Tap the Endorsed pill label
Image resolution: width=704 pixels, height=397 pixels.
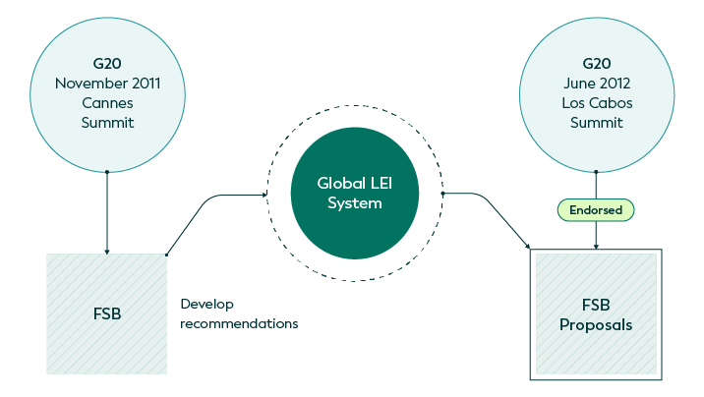click(596, 209)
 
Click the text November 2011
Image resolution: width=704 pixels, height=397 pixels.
click(106, 84)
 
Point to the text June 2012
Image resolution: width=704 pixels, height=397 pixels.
click(596, 84)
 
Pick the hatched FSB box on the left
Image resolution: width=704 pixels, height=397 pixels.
click(106, 313)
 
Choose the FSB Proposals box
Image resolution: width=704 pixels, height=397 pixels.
click(596, 314)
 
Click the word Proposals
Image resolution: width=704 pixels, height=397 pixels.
click(596, 324)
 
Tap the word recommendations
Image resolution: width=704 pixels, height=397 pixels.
click(239, 323)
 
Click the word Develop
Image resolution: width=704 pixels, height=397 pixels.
click(206, 304)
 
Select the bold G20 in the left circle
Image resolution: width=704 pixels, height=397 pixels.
click(106, 64)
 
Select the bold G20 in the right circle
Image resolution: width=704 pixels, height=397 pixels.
click(596, 64)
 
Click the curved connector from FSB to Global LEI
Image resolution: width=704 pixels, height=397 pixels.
click(208, 201)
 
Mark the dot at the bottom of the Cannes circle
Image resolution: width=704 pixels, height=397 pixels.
click(106, 172)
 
